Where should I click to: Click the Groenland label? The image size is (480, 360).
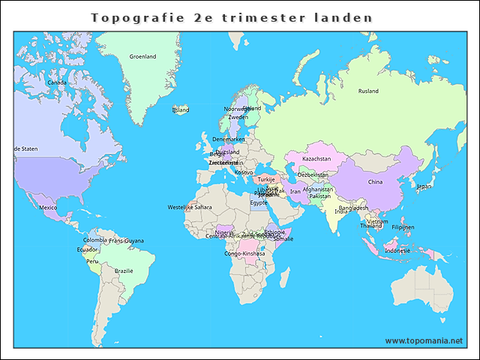click(x=142, y=56)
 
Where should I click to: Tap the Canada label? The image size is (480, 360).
click(x=57, y=82)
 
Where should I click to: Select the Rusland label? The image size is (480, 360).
click(x=368, y=91)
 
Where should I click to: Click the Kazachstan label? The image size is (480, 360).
click(x=316, y=159)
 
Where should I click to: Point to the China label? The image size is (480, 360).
click(x=375, y=181)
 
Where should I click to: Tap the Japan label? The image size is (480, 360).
click(x=424, y=186)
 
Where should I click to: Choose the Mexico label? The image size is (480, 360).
click(x=48, y=207)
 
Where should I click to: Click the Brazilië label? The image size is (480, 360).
click(x=124, y=270)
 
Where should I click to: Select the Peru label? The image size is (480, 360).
click(x=92, y=261)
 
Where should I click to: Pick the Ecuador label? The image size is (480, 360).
click(x=87, y=249)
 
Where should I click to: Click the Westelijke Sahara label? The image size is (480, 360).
click(x=190, y=207)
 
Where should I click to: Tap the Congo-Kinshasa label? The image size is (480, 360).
click(x=244, y=253)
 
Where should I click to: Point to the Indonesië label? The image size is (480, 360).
click(x=397, y=250)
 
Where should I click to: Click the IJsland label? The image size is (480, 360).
click(x=181, y=109)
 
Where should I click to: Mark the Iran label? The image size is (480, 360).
click(x=295, y=191)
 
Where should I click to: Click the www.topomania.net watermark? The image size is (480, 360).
click(x=424, y=340)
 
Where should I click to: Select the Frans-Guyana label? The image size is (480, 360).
click(x=126, y=241)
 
